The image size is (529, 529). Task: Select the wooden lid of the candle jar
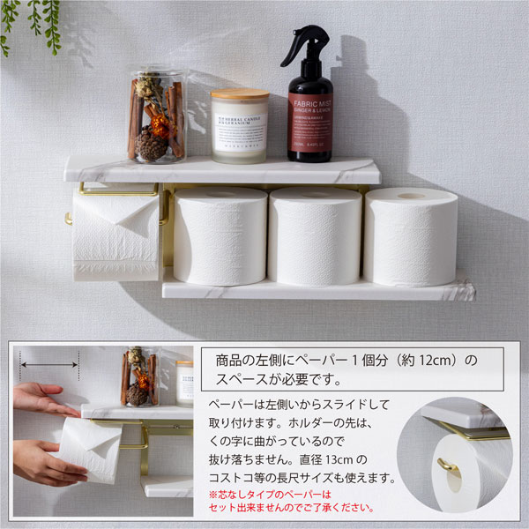239,94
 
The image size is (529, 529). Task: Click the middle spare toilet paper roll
315,236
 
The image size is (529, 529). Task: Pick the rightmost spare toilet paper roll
410,236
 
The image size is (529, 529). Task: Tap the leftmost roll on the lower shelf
220,236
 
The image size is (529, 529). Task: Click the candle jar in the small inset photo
184,382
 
